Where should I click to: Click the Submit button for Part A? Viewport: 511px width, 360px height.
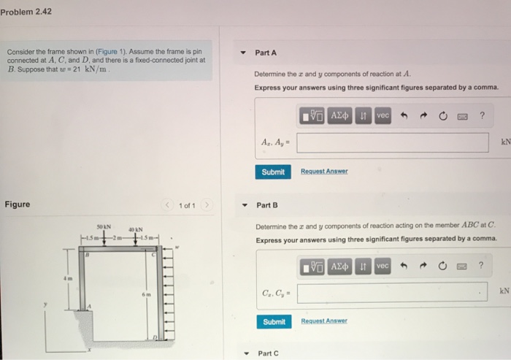pyautogui.click(x=273, y=172)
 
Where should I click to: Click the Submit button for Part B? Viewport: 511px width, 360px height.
pyautogui.click(x=273, y=321)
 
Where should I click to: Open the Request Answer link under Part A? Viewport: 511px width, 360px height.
pyautogui.click(x=324, y=172)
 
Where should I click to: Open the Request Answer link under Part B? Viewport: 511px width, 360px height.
pyautogui.click(x=324, y=321)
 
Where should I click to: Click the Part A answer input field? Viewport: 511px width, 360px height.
pyautogui.click(x=392, y=142)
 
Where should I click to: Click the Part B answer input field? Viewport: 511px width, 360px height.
pyautogui.click(x=392, y=292)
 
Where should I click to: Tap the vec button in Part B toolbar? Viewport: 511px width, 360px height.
pyautogui.click(x=383, y=267)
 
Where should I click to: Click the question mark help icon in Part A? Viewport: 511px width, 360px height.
pyautogui.click(x=482, y=117)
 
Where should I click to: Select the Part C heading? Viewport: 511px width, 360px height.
pyautogui.click(x=268, y=353)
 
